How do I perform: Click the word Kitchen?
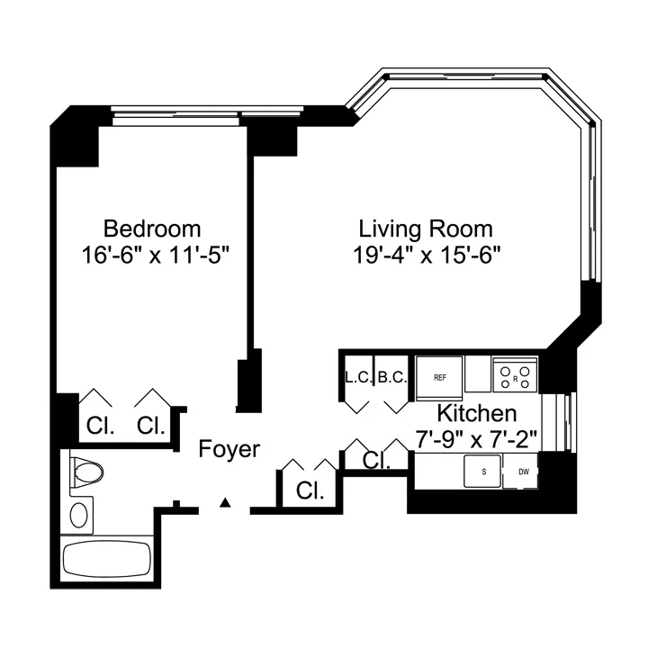(476, 414)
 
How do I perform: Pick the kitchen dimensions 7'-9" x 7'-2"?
(476, 440)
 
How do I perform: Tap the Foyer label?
(229, 449)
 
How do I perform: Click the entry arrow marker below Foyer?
(228, 502)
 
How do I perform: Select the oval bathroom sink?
(80, 515)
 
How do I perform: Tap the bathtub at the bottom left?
(106, 562)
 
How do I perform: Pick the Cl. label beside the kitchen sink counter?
(377, 462)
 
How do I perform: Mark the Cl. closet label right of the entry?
(310, 491)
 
